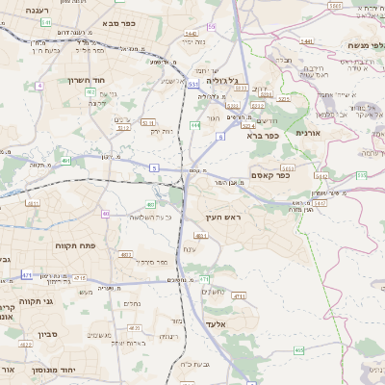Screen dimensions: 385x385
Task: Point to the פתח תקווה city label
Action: tap(74, 245)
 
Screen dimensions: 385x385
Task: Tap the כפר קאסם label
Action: tap(270, 174)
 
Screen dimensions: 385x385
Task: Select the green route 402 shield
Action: tap(90, 91)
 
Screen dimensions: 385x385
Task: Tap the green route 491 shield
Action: tap(65, 159)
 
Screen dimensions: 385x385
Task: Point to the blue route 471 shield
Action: tap(28, 275)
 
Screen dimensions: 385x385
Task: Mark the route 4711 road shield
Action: tap(239, 296)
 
